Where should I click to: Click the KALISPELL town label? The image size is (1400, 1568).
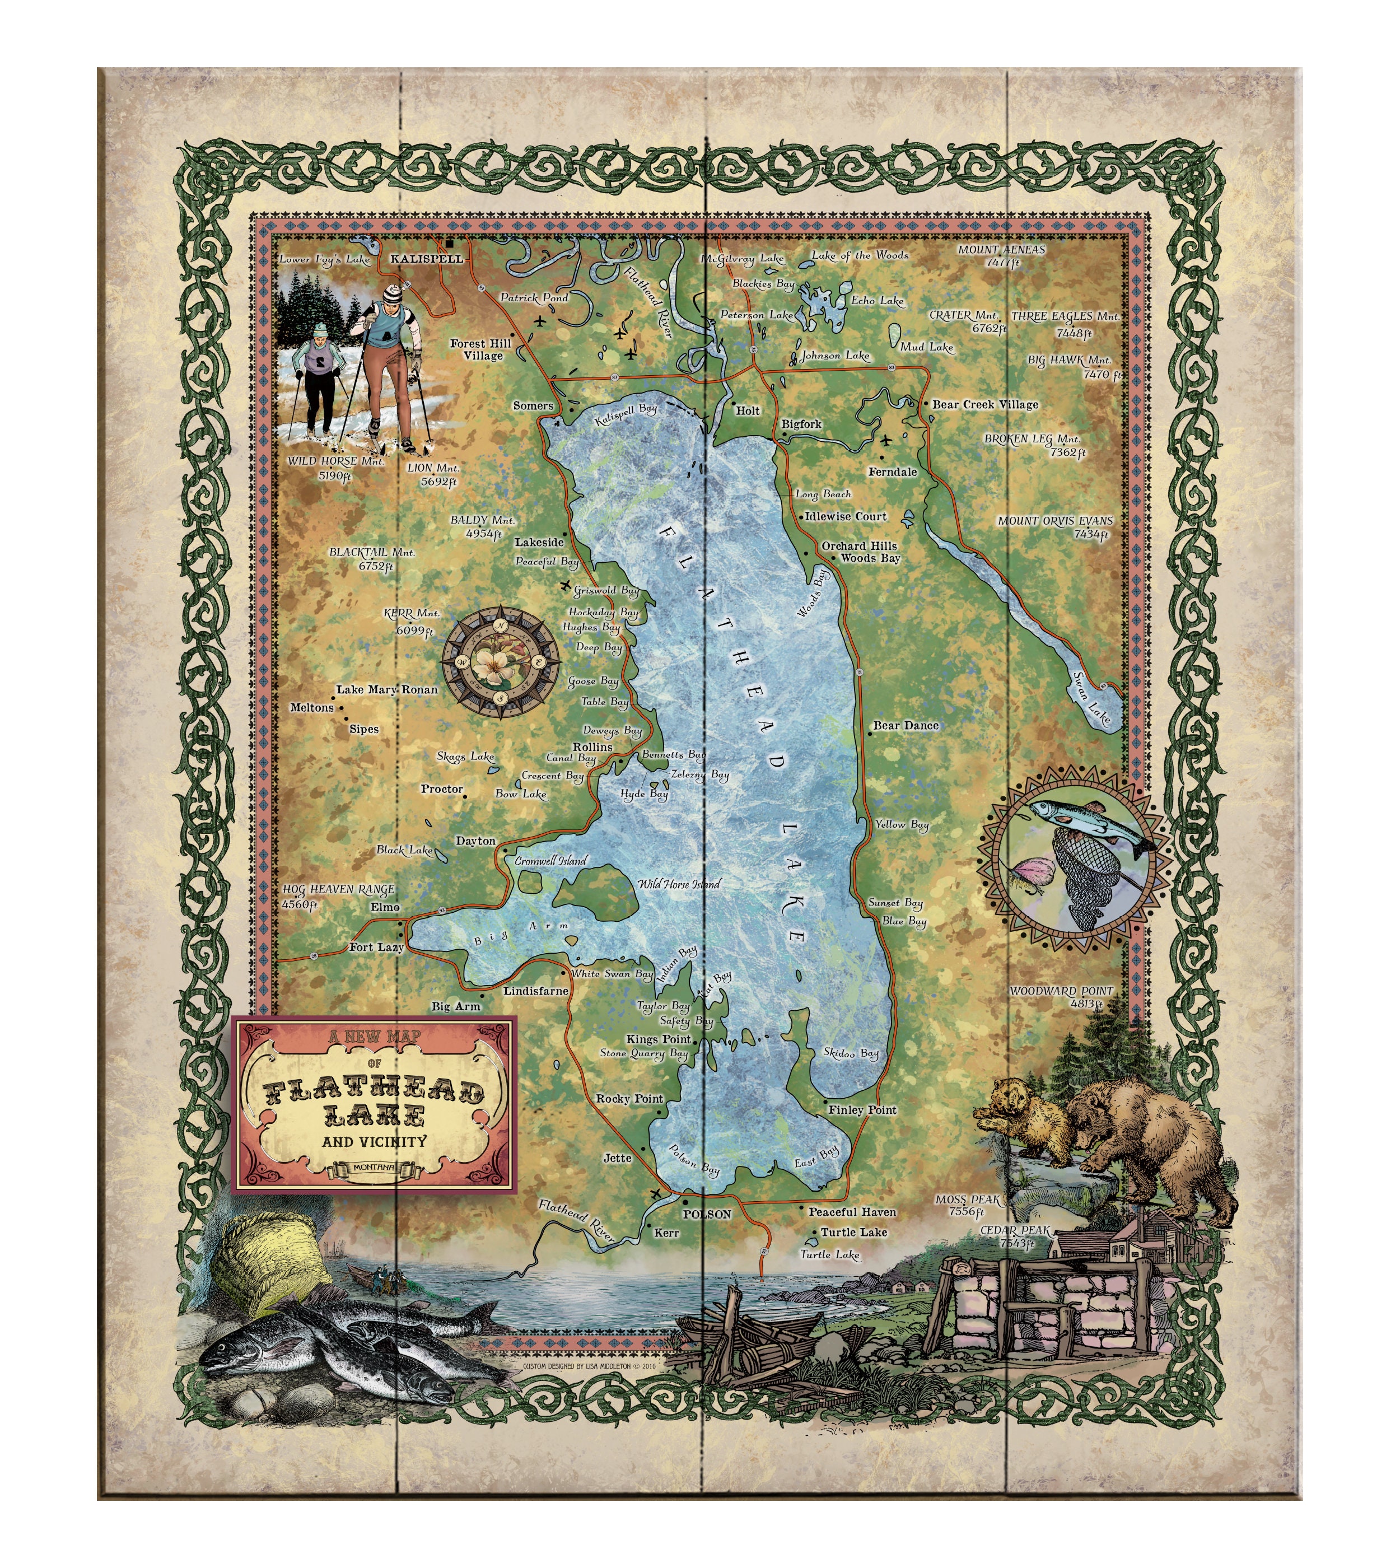(427, 259)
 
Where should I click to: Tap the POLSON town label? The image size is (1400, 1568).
(706, 1214)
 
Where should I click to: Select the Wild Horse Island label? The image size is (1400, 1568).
(679, 884)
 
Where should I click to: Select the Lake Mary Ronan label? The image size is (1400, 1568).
(387, 690)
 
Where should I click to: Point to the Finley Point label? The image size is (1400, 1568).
(861, 1109)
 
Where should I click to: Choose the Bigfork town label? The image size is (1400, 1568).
(801, 424)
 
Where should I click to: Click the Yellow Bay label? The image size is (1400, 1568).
(902, 824)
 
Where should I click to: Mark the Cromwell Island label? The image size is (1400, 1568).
(551, 861)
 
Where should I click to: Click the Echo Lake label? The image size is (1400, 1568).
(877, 301)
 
